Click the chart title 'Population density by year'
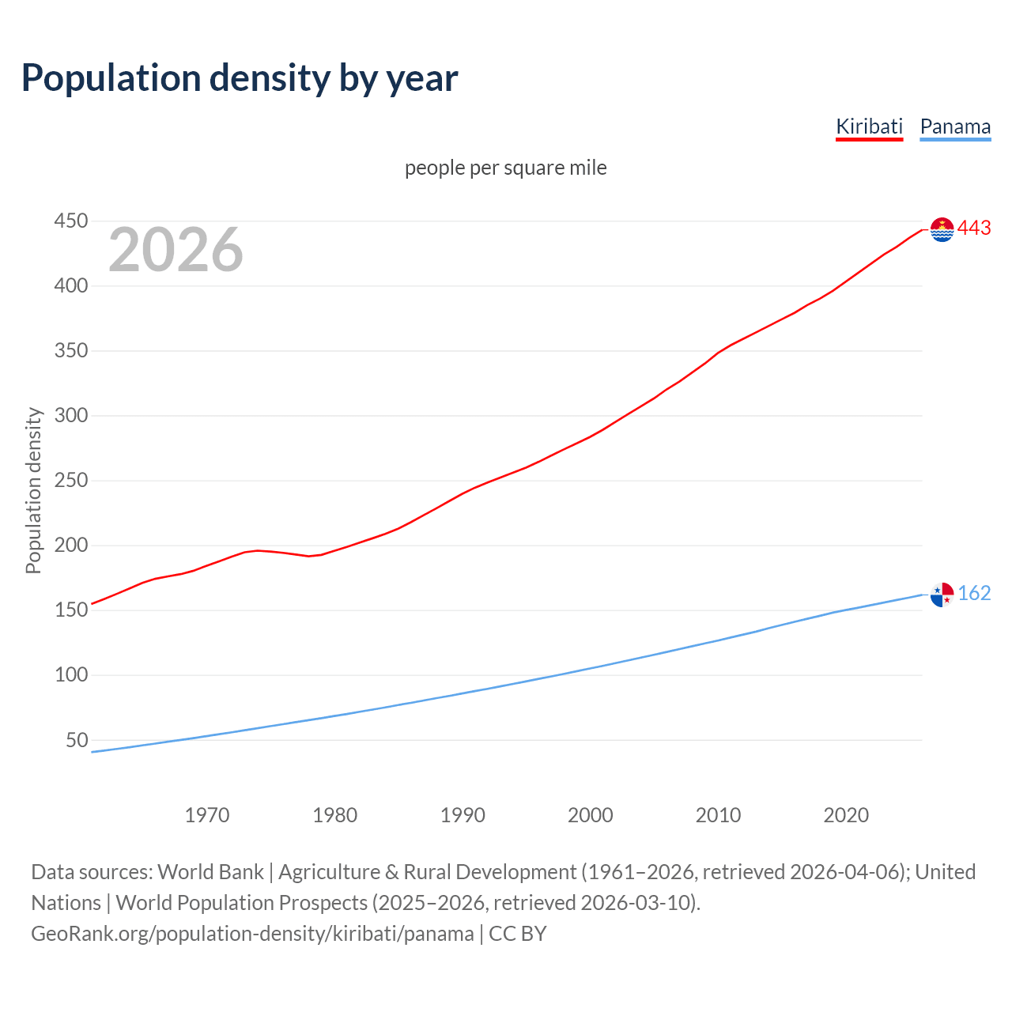240,78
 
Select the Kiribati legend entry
869,126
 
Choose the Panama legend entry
955,126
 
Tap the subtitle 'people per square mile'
505,168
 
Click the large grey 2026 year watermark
176,250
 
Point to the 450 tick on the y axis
70,221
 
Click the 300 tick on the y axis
70,415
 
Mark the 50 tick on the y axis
77,740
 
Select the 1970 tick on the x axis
207,814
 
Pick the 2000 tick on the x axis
591,814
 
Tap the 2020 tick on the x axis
846,814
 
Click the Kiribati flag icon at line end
942,229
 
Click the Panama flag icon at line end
942,594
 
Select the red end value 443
974,228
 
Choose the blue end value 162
974,593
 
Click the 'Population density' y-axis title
33,490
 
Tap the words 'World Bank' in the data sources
210,872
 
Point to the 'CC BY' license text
518,934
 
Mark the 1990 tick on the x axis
463,814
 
